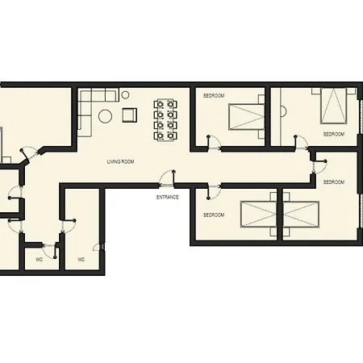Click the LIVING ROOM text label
(x=120, y=162)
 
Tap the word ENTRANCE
(x=167, y=197)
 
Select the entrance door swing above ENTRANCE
(x=167, y=178)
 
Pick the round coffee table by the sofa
(x=105, y=116)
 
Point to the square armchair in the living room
(x=129, y=115)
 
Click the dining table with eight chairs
(x=165, y=119)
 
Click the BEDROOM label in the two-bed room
(x=213, y=215)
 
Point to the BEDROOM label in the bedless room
(x=333, y=182)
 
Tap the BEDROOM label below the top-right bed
(x=333, y=134)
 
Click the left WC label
(x=39, y=260)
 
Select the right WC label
(x=81, y=260)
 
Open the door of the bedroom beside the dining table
(x=215, y=143)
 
